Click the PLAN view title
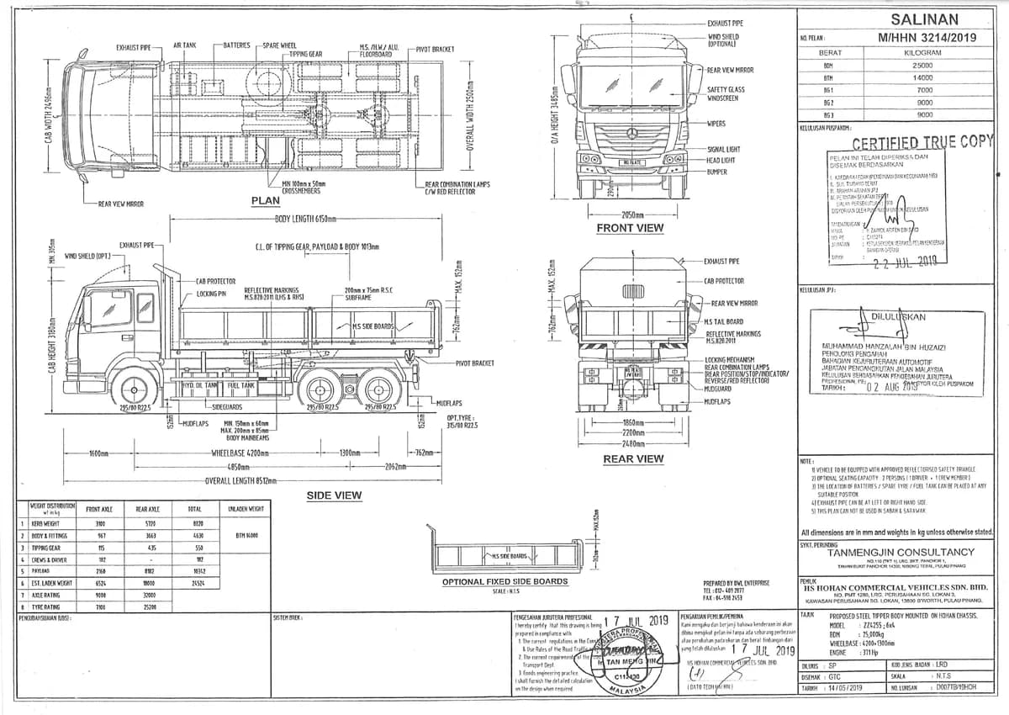click(266, 200)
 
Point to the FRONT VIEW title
click(629, 228)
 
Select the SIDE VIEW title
click(334, 495)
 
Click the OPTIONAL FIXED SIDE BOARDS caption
click(504, 581)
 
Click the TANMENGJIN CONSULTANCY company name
click(901, 552)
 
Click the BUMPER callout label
click(717, 171)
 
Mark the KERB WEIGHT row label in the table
click(40, 522)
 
